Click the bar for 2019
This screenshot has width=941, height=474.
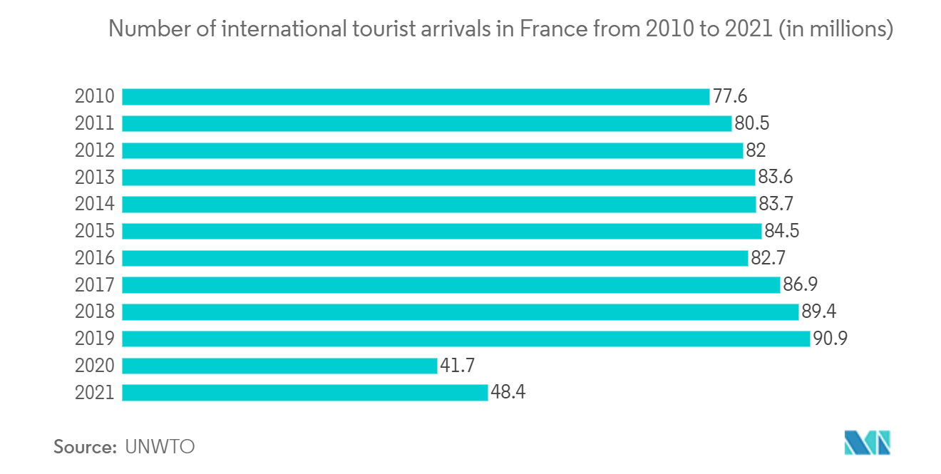pyautogui.click(x=466, y=339)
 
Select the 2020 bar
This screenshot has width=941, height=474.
pyautogui.click(x=279, y=366)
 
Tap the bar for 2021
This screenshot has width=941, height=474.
pyautogui.click(x=305, y=393)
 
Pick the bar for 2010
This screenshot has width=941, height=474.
pyautogui.click(x=416, y=97)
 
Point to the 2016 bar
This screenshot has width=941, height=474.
pyautogui.click(x=435, y=258)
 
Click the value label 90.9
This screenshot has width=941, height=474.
pyautogui.click(x=831, y=339)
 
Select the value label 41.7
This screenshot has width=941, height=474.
pyautogui.click(x=457, y=366)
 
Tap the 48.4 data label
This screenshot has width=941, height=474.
pyautogui.click(x=508, y=393)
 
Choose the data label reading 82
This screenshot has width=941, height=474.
pyautogui.click(x=756, y=150)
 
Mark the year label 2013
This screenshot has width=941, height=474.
pyautogui.click(x=95, y=177)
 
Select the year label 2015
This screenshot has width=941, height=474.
pyautogui.click(x=95, y=231)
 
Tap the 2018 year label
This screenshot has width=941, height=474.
pyautogui.click(x=95, y=311)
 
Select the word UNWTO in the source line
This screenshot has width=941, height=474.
pyautogui.click(x=160, y=447)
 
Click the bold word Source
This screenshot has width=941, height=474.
pyautogui.click(x=85, y=447)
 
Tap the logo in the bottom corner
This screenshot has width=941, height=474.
pyautogui.click(x=868, y=443)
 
